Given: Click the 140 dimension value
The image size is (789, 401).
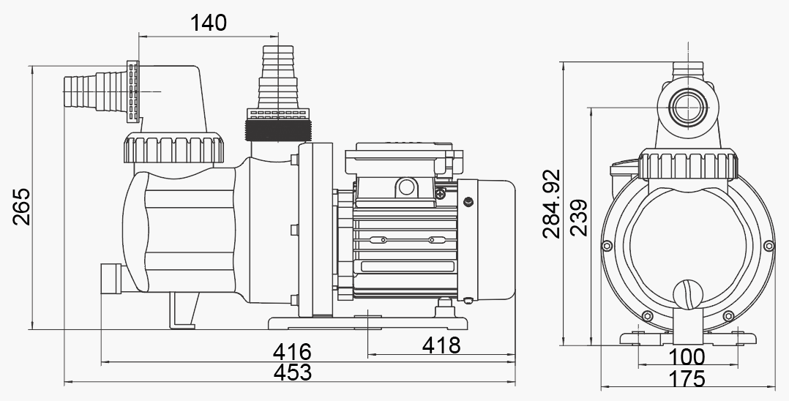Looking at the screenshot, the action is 209,23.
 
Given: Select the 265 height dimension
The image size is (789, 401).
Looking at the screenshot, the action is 22,207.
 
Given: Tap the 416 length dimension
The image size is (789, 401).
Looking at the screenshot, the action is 292,352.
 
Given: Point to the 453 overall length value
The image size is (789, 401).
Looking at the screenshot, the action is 292,372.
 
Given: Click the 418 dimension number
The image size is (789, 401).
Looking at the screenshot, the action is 441,345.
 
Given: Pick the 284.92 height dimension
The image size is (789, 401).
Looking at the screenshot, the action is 552,203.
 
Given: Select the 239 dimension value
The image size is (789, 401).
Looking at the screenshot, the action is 579,218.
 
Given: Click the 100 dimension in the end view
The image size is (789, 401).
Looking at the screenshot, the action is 687,357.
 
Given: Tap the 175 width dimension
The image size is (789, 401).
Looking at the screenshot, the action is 687,379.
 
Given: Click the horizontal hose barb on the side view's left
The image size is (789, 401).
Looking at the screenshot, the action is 96,91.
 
